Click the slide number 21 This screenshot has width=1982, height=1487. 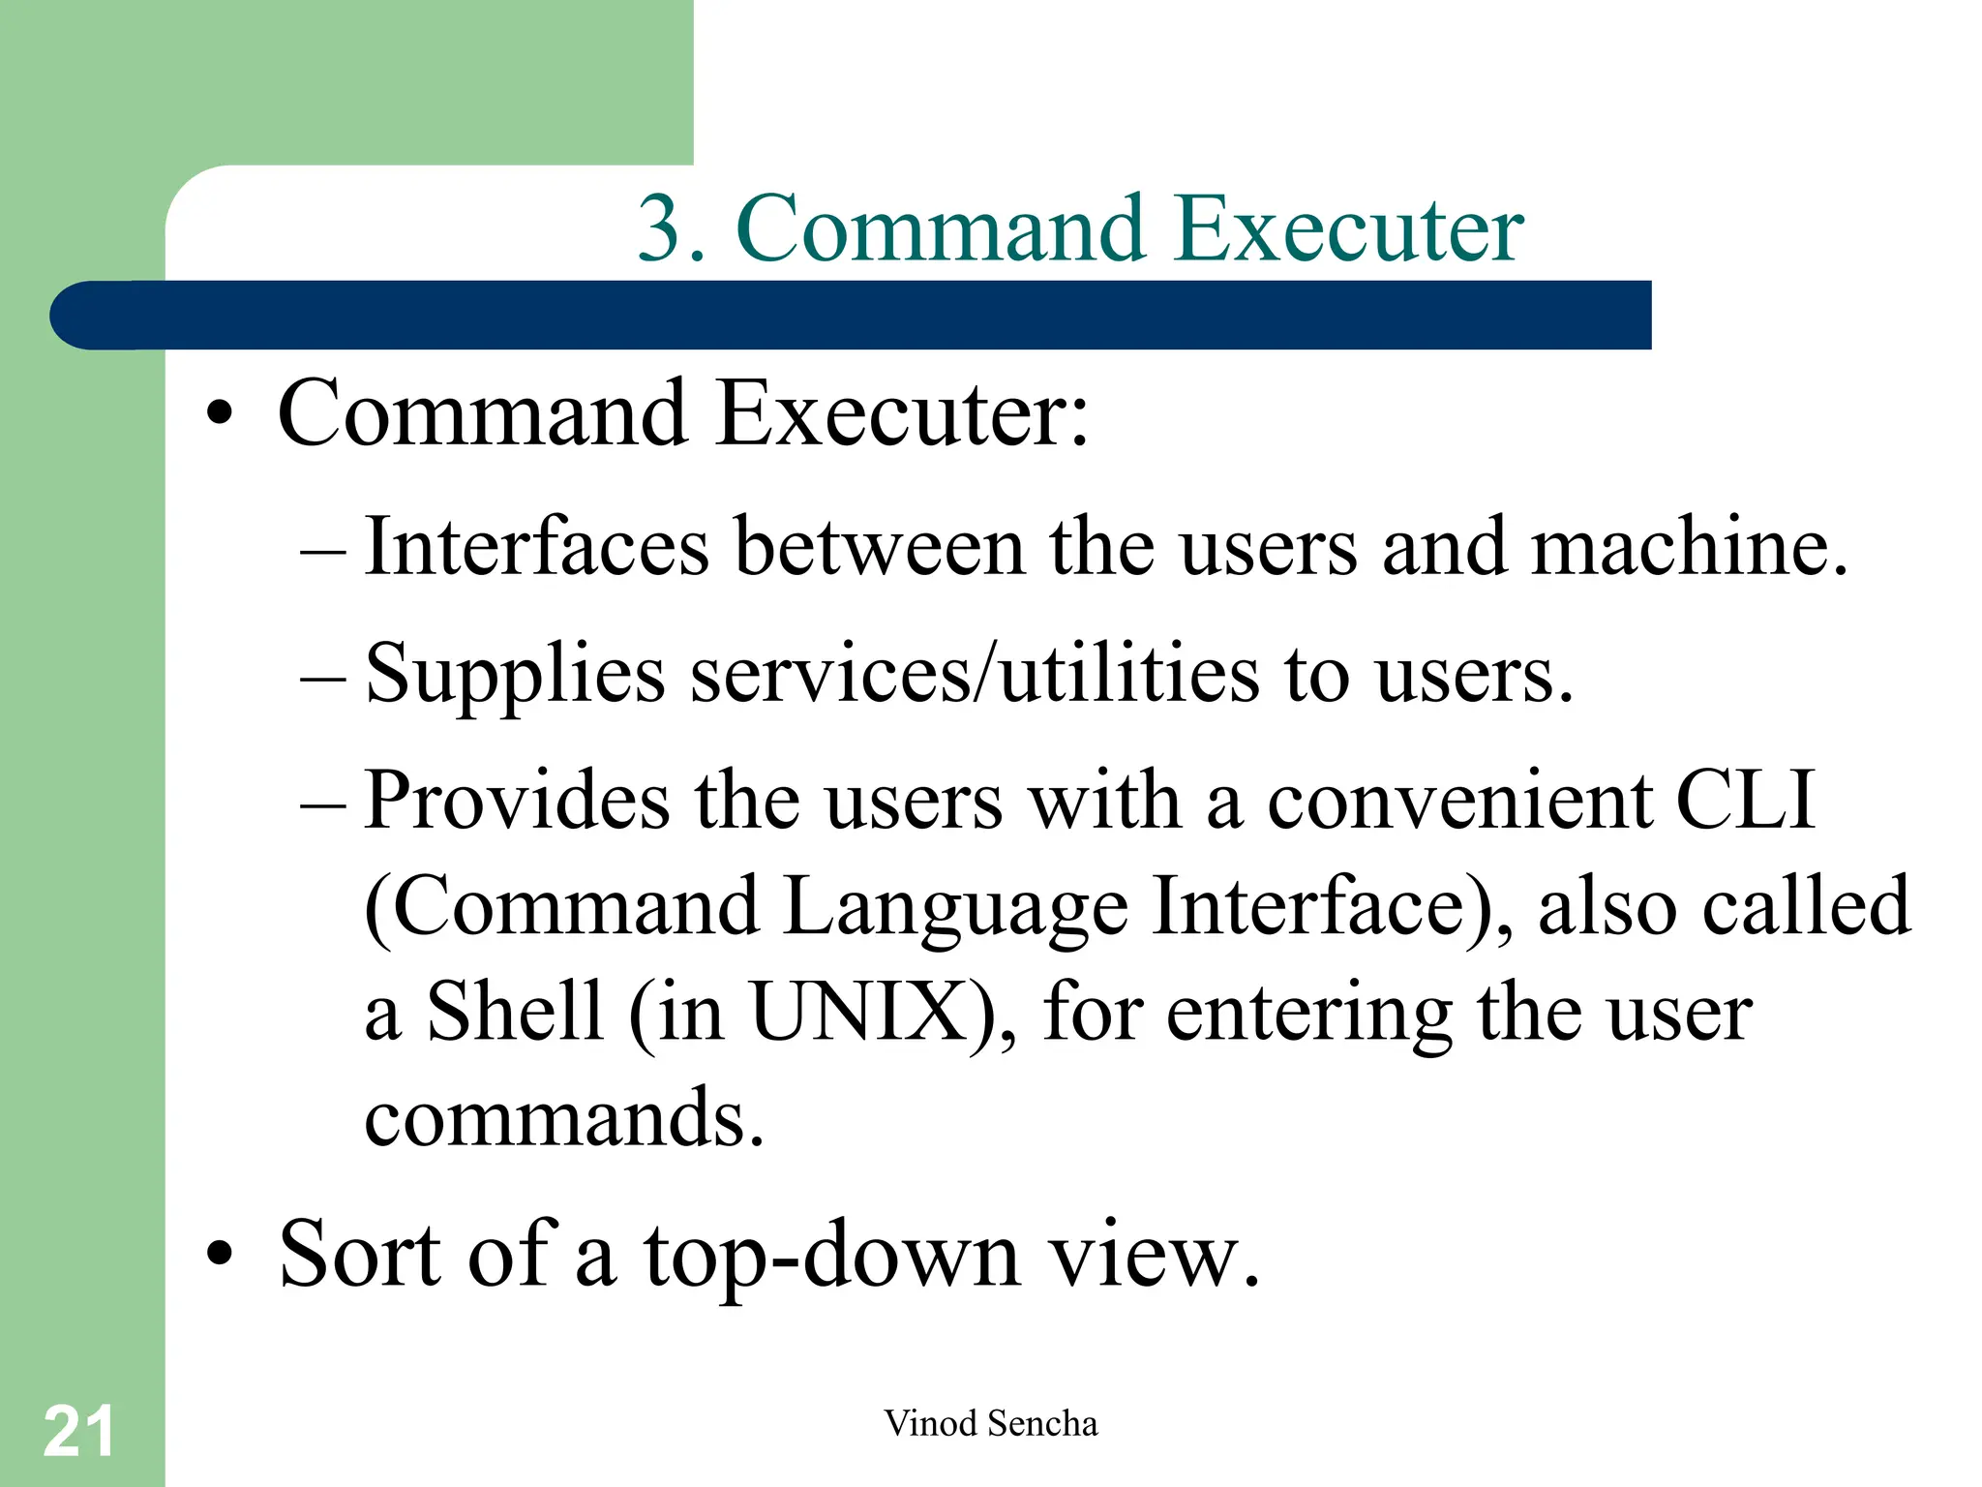click(78, 1431)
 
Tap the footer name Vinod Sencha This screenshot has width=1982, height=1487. click(990, 1423)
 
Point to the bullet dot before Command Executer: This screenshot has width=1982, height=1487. click(220, 414)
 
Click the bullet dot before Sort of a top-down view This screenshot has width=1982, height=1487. click(220, 1254)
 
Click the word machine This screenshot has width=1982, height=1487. click(1689, 547)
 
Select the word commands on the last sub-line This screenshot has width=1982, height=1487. click(564, 1118)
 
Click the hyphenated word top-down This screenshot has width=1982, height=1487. click(832, 1254)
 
